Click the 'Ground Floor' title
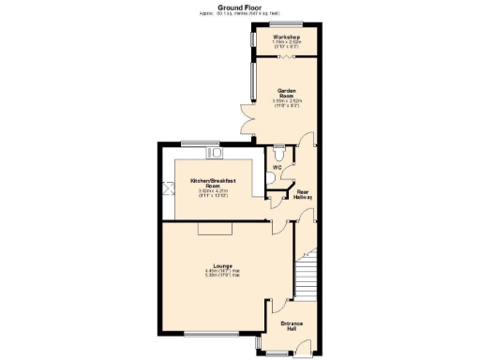coord(239,6)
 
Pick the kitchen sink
coord(216,151)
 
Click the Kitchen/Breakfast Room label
coord(213,182)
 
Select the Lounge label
coord(222,265)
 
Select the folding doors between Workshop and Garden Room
coord(286,56)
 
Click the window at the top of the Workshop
coord(286,22)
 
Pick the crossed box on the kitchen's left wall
coord(169,188)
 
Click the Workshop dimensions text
coord(286,44)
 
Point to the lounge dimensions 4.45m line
coord(222,272)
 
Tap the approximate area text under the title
coord(239,13)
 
